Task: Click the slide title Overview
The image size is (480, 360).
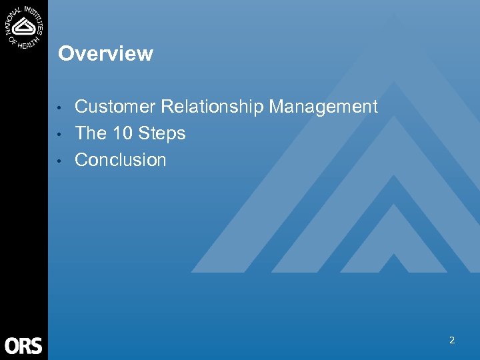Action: click(x=105, y=54)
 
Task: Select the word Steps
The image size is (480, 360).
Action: click(x=162, y=134)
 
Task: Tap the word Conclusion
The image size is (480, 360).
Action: click(x=121, y=160)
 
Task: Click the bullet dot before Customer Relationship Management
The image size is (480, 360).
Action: click(x=61, y=108)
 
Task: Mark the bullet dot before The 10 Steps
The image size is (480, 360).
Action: click(x=61, y=135)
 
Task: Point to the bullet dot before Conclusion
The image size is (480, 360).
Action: click(x=61, y=161)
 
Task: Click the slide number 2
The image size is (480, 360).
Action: click(x=451, y=340)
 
